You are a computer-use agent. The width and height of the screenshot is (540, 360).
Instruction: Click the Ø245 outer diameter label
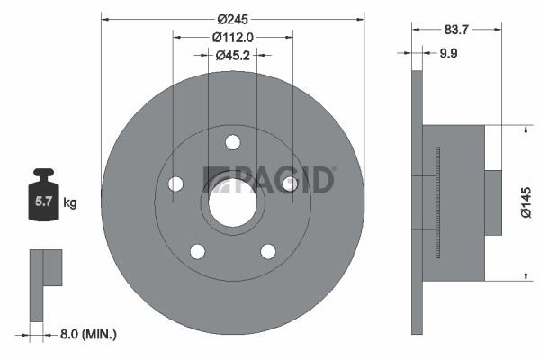232,19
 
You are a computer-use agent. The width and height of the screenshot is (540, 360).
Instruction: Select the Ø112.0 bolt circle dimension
233,37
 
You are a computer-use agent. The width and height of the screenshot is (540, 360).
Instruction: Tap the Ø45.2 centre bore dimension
233,55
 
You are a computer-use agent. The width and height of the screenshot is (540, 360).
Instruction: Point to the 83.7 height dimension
456,30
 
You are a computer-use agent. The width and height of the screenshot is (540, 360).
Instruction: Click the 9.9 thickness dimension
448,53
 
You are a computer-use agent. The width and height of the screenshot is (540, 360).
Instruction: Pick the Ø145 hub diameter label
526,202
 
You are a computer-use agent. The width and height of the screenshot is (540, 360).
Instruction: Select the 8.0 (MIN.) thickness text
88,334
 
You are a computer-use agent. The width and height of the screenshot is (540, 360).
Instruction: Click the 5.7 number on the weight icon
43,202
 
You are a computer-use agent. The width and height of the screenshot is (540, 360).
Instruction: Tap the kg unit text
70,202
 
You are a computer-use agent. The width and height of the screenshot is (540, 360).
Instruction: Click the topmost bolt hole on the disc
233,142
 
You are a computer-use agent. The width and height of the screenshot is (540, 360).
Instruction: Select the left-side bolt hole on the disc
175,184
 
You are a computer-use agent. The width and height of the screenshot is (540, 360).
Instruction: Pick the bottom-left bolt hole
198,251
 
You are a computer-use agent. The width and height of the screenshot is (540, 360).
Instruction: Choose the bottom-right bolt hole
268,251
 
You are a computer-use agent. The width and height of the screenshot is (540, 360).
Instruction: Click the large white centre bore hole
233,202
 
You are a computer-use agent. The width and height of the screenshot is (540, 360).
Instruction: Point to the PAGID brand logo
268,180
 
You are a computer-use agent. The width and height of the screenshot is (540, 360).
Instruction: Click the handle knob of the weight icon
43,172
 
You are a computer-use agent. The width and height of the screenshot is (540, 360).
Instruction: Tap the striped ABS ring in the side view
437,202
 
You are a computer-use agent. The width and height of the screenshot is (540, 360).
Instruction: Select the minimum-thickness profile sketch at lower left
46,285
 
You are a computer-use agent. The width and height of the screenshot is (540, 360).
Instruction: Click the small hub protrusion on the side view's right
493,202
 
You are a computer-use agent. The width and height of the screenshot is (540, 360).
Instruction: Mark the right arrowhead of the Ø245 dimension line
361,20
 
